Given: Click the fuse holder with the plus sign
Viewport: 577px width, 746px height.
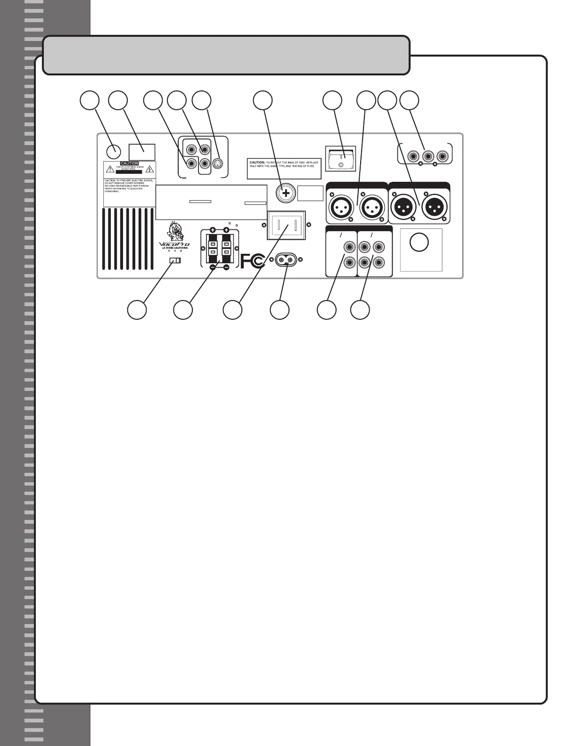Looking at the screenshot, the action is click(x=286, y=193).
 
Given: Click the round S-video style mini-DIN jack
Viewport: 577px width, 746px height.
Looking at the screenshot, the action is click(x=218, y=163).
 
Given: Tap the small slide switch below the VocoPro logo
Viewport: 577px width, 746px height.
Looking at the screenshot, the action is click(x=175, y=261).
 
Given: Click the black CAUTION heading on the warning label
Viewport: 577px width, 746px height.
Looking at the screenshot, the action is click(x=130, y=163).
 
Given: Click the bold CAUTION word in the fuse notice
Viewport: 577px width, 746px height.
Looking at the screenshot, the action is click(x=257, y=162).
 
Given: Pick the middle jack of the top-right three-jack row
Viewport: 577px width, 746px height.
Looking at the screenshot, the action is click(x=428, y=155).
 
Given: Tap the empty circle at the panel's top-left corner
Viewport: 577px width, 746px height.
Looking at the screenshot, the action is click(x=113, y=151).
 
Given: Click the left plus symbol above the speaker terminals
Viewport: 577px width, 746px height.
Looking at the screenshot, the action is click(x=213, y=230).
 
